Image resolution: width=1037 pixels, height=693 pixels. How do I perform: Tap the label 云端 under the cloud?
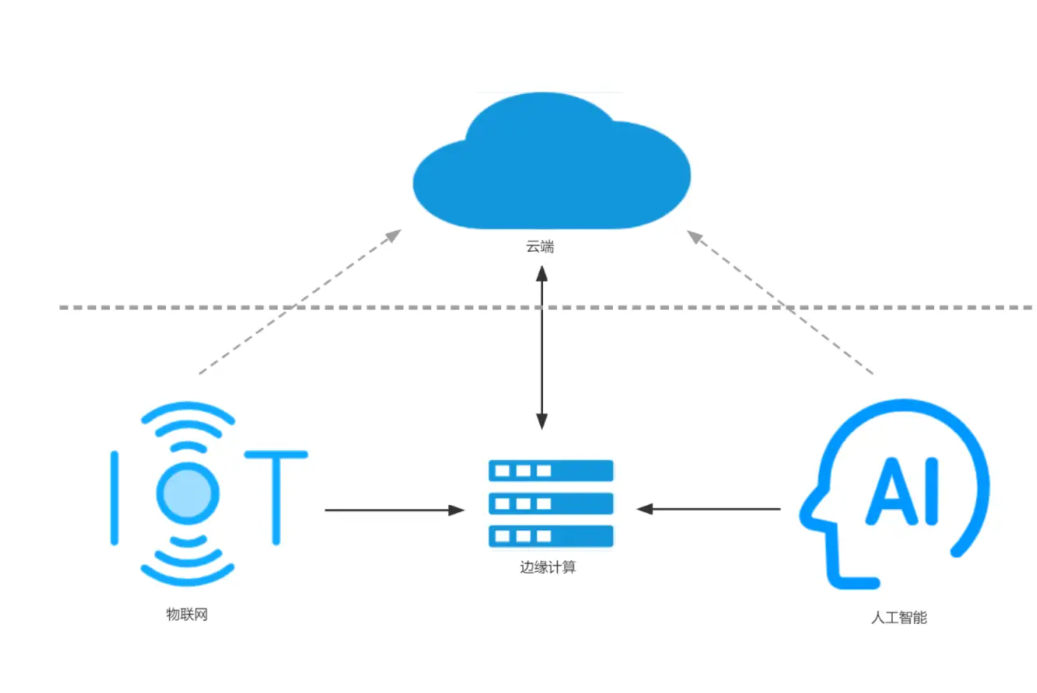pyautogui.click(x=540, y=246)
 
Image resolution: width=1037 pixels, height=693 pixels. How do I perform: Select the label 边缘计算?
pyautogui.click(x=548, y=567)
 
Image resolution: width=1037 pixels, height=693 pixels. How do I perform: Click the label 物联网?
pyautogui.click(x=187, y=614)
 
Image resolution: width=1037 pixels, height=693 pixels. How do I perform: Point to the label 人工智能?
pyautogui.click(x=899, y=617)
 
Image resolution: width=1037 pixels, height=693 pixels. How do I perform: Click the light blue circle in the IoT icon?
pyautogui.click(x=188, y=493)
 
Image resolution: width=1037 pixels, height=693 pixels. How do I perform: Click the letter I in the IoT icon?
pyautogui.click(x=115, y=497)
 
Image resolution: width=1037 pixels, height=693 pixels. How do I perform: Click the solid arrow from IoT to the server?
pyautogui.click(x=393, y=510)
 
